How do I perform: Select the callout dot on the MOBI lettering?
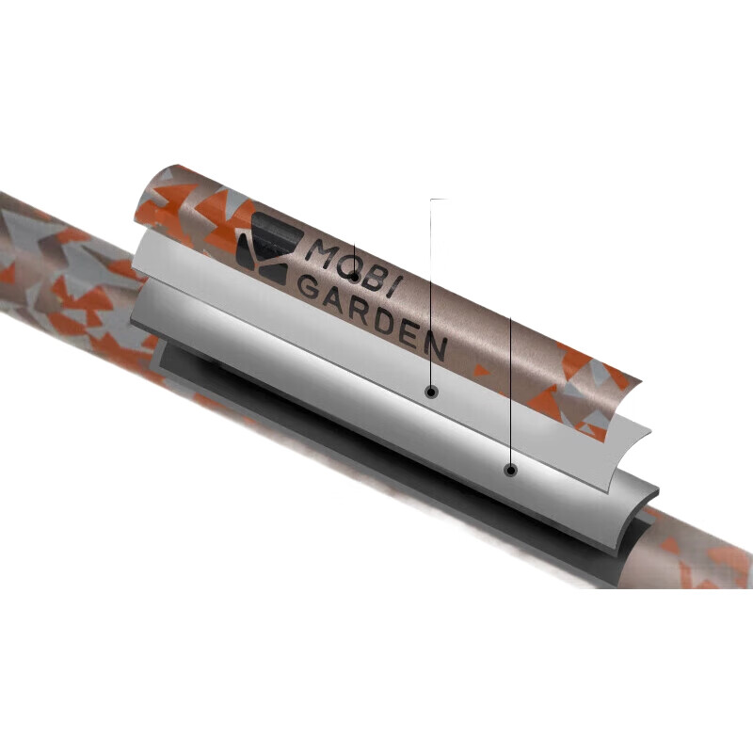click(354, 277)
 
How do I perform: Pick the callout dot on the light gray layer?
click(431, 392)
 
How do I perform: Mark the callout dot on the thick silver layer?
click(511, 470)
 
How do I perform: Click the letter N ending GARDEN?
click(436, 345)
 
